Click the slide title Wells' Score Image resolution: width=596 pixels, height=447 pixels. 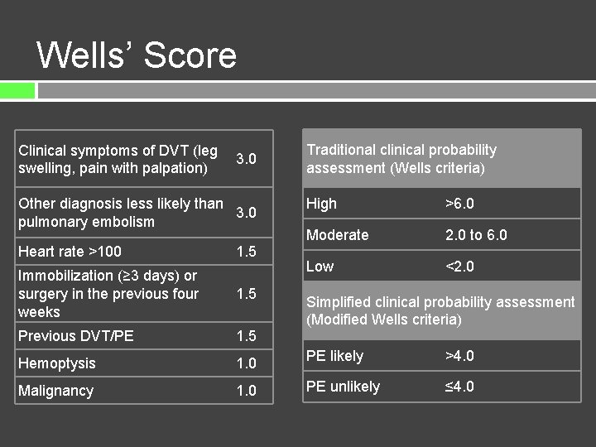(x=137, y=55)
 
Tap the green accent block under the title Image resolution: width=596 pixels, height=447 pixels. (x=17, y=90)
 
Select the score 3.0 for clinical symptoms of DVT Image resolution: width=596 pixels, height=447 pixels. (x=246, y=159)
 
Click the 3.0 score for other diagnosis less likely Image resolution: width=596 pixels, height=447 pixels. (x=246, y=213)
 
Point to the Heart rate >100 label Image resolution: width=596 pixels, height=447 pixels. (x=70, y=252)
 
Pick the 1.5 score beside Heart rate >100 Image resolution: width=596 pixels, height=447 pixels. (x=246, y=252)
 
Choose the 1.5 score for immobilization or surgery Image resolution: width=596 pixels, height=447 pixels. (x=246, y=294)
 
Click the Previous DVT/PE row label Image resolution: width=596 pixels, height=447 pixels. (x=76, y=336)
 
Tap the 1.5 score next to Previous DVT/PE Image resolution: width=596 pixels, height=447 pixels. (x=246, y=336)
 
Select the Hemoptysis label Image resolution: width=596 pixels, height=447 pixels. (x=57, y=363)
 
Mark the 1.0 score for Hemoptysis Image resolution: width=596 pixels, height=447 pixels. (x=246, y=363)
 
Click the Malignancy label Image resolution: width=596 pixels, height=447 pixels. (x=56, y=391)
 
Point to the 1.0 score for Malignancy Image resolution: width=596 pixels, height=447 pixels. (x=246, y=391)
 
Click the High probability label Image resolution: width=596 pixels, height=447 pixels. (x=321, y=204)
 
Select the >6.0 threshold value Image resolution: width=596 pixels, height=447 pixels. (x=459, y=204)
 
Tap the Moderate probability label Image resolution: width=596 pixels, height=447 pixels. (x=337, y=235)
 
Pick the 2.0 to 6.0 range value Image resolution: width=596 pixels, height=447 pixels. (x=476, y=235)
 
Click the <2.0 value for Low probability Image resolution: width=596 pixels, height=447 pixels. (x=459, y=267)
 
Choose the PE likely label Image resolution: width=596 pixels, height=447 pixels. (x=334, y=356)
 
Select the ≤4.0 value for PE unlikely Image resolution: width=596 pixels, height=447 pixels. (x=459, y=387)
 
